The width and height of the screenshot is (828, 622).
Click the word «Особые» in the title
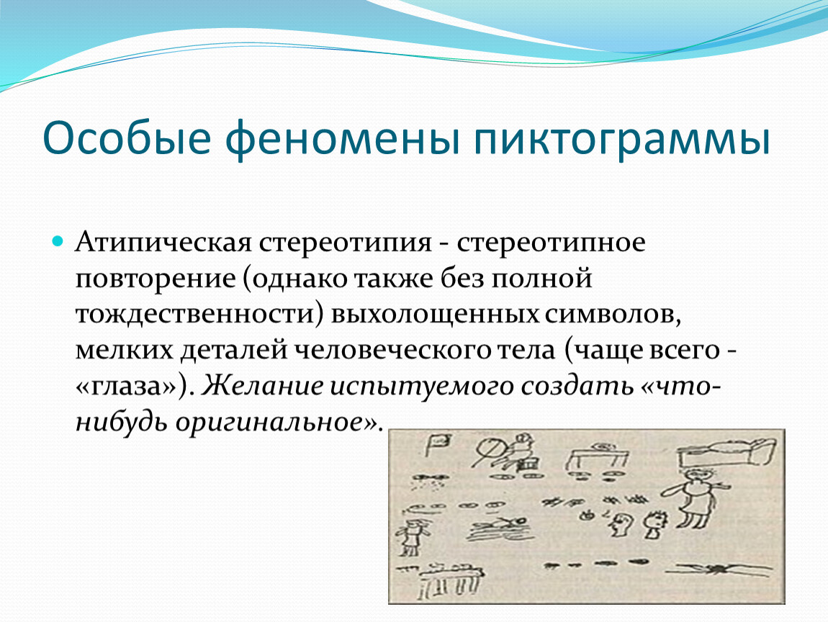click(127, 138)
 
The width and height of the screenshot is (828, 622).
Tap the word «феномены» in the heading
click(342, 138)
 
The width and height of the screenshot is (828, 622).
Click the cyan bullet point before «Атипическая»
click(58, 243)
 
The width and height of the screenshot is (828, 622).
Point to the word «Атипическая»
click(163, 243)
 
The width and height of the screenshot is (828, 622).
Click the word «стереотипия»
click(346, 243)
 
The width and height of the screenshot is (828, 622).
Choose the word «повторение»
click(156, 279)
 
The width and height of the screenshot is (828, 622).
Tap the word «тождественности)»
click(199, 314)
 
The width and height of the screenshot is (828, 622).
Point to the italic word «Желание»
click(262, 386)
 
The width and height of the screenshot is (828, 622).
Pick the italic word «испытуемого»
click(422, 387)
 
